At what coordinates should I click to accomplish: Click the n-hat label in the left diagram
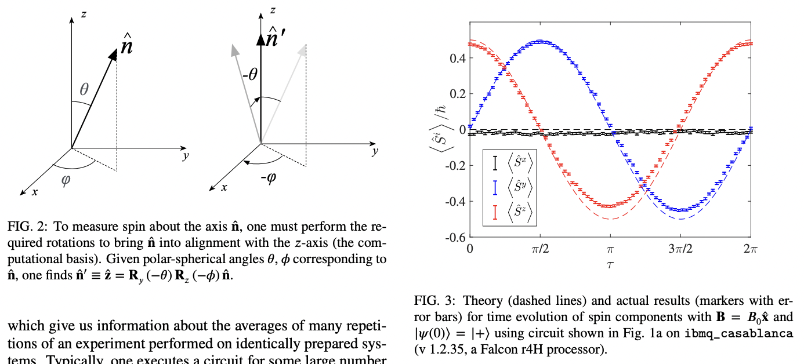coord(126,43)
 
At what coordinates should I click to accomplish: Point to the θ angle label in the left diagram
coord(85,90)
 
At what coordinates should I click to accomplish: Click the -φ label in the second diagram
coord(268,177)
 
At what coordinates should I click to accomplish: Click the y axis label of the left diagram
coord(184,156)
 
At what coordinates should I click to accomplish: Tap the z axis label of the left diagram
coord(84,14)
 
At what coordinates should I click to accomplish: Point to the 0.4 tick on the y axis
coord(457,58)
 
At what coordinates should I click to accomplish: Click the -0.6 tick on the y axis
coord(455,237)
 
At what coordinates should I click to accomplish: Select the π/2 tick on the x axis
coord(540,249)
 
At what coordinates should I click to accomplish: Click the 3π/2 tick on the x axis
coord(680,249)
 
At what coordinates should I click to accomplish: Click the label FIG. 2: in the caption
coord(25,227)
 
